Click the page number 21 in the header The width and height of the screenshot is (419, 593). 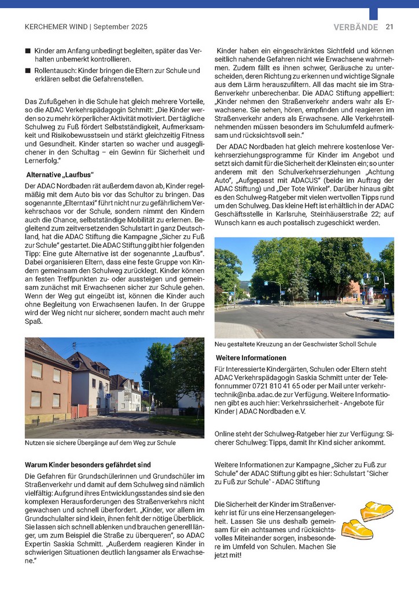point(389,27)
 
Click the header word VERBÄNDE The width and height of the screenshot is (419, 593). point(355,27)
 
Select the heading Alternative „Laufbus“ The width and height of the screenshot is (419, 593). point(60,174)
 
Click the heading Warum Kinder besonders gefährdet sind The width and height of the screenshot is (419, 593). point(88,464)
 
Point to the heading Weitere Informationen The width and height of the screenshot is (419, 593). point(251,358)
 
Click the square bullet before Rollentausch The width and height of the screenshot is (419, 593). point(28,70)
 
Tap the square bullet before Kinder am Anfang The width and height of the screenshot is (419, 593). point(28,51)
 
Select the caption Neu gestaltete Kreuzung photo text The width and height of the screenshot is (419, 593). point(295,344)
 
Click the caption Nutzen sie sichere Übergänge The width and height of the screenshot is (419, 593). point(100,443)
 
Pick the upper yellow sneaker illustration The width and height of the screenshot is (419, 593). point(377,511)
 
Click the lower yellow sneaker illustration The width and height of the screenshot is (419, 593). point(356,529)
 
